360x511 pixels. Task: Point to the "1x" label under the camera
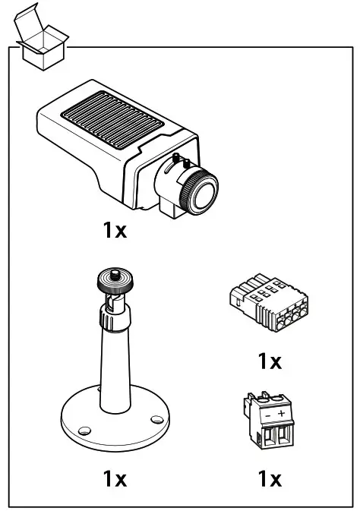(x=115, y=231)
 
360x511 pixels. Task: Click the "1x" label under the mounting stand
(x=115, y=479)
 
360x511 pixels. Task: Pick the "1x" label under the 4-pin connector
(x=269, y=361)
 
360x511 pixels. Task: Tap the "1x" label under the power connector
(x=269, y=479)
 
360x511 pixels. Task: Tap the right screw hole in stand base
(x=156, y=418)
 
